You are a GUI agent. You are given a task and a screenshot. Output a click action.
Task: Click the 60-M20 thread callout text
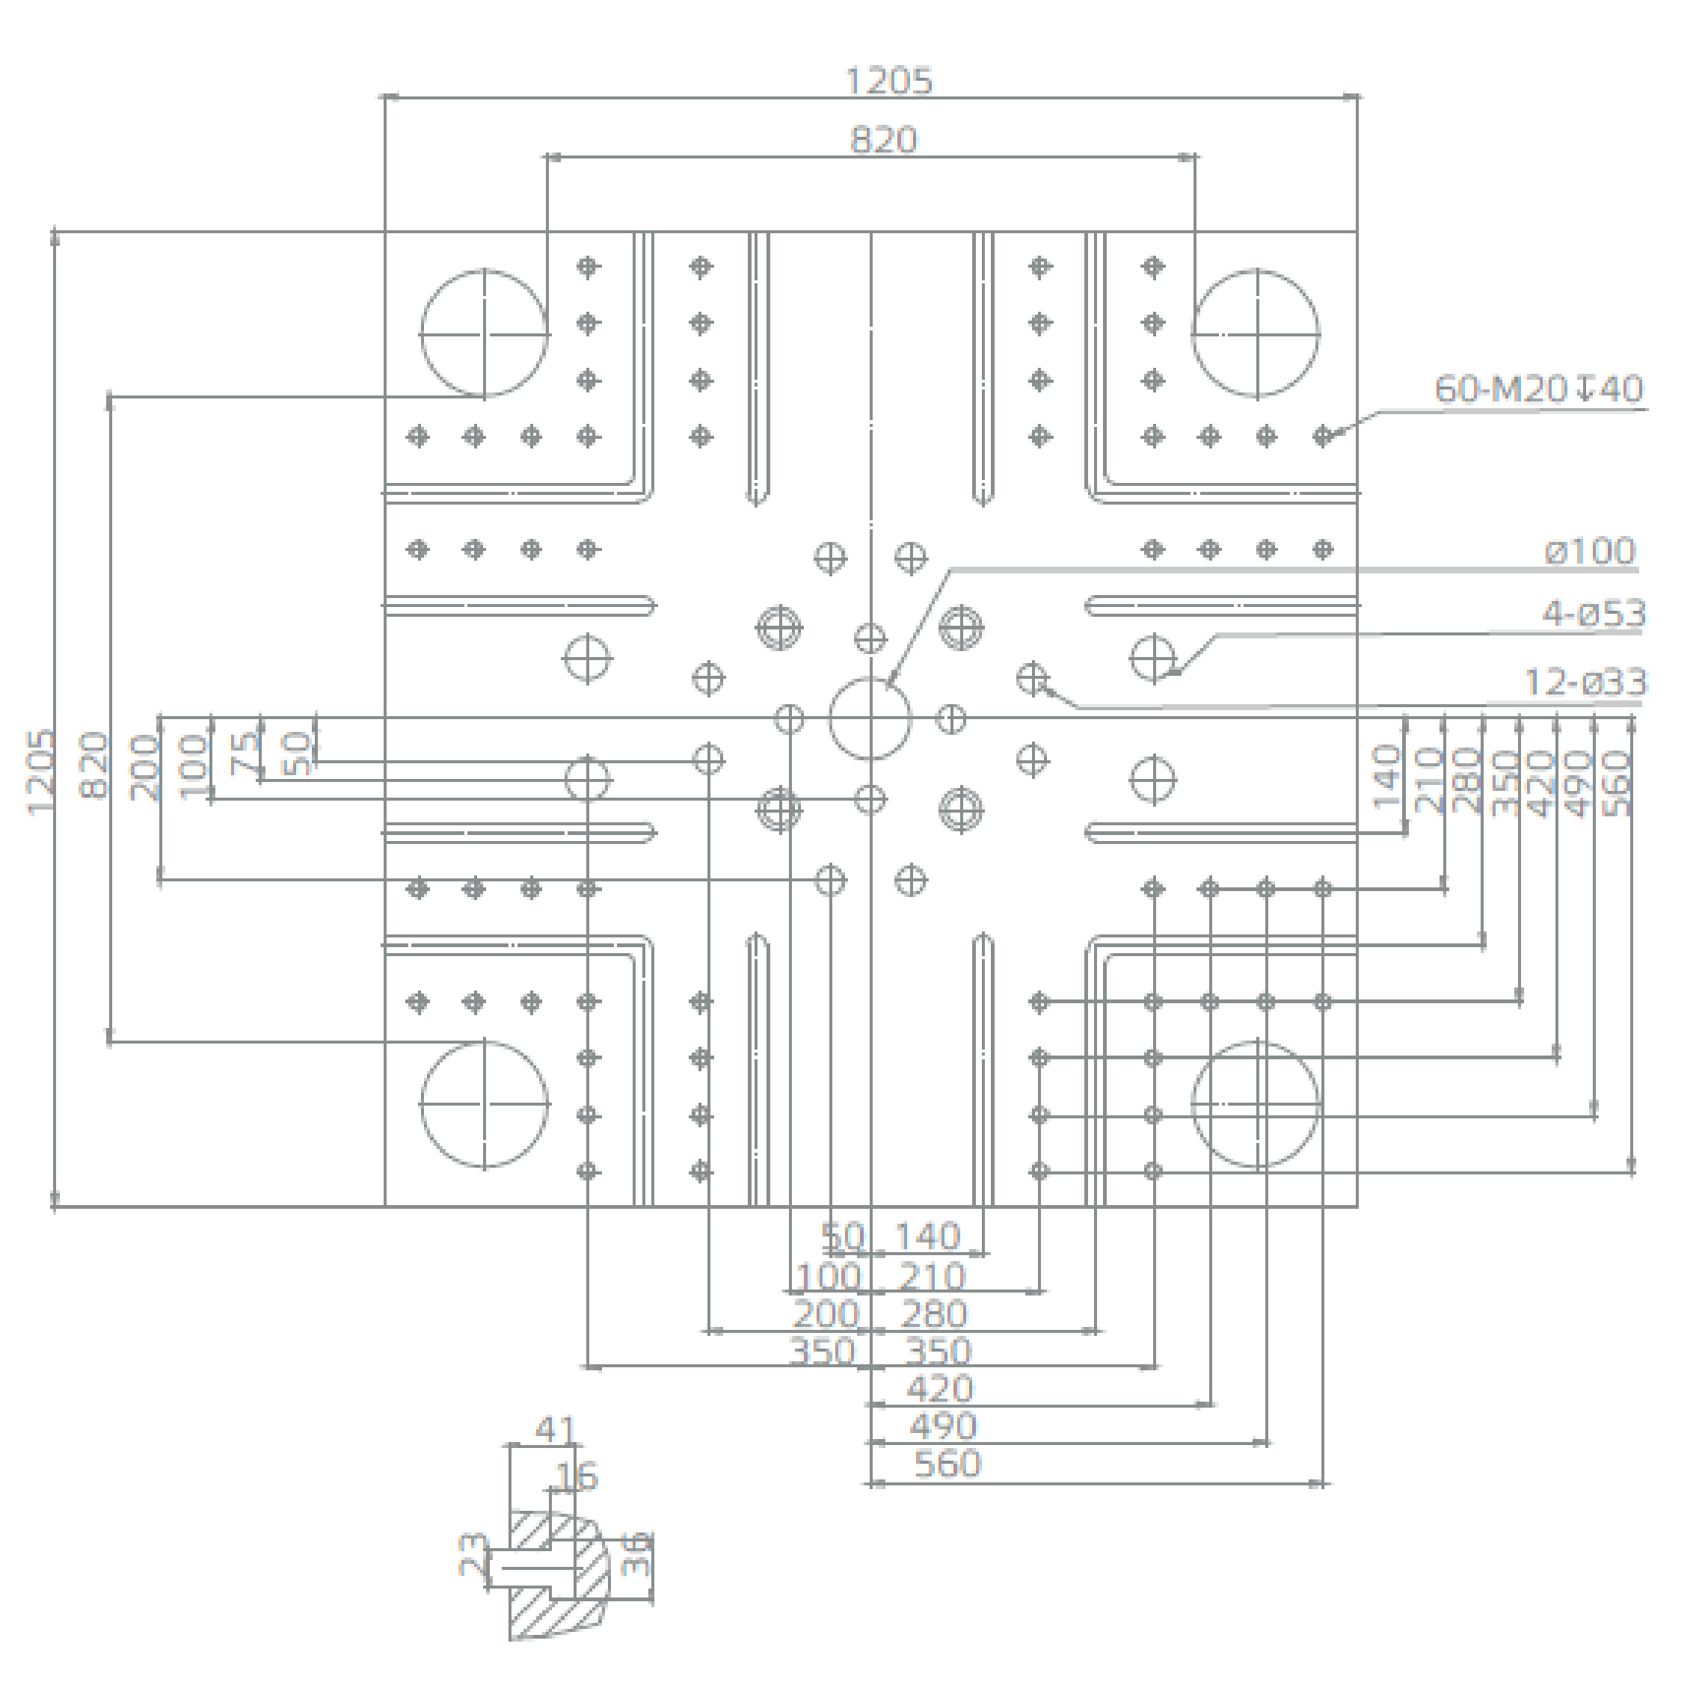1538,389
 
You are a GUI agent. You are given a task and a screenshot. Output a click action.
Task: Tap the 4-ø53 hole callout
1594,613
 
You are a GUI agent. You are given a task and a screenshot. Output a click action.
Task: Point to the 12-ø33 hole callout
1586,682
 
